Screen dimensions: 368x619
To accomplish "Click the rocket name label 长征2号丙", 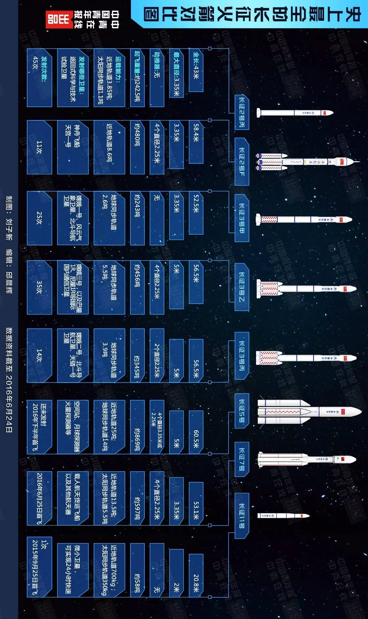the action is coord(242,112).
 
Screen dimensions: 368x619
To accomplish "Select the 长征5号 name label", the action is coord(242,410).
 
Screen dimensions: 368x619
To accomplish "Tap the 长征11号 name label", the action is coord(242,516).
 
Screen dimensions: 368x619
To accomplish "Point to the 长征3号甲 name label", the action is coord(242,218).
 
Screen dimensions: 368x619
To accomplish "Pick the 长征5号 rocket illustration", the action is coord(309,411).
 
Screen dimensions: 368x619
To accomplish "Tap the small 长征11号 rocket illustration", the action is coord(283,516).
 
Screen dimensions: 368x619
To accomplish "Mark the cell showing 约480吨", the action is coord(137,147).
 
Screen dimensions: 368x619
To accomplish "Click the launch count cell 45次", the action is coord(39,77).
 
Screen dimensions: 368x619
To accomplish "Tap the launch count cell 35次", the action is coord(39,287).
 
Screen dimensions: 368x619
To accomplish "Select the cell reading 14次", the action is coord(39,355).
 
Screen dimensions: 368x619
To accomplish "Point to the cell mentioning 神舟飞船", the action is coord(73,147).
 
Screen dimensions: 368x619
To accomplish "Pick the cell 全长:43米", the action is coord(196,70).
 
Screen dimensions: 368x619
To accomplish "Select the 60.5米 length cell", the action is coord(196,432).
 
